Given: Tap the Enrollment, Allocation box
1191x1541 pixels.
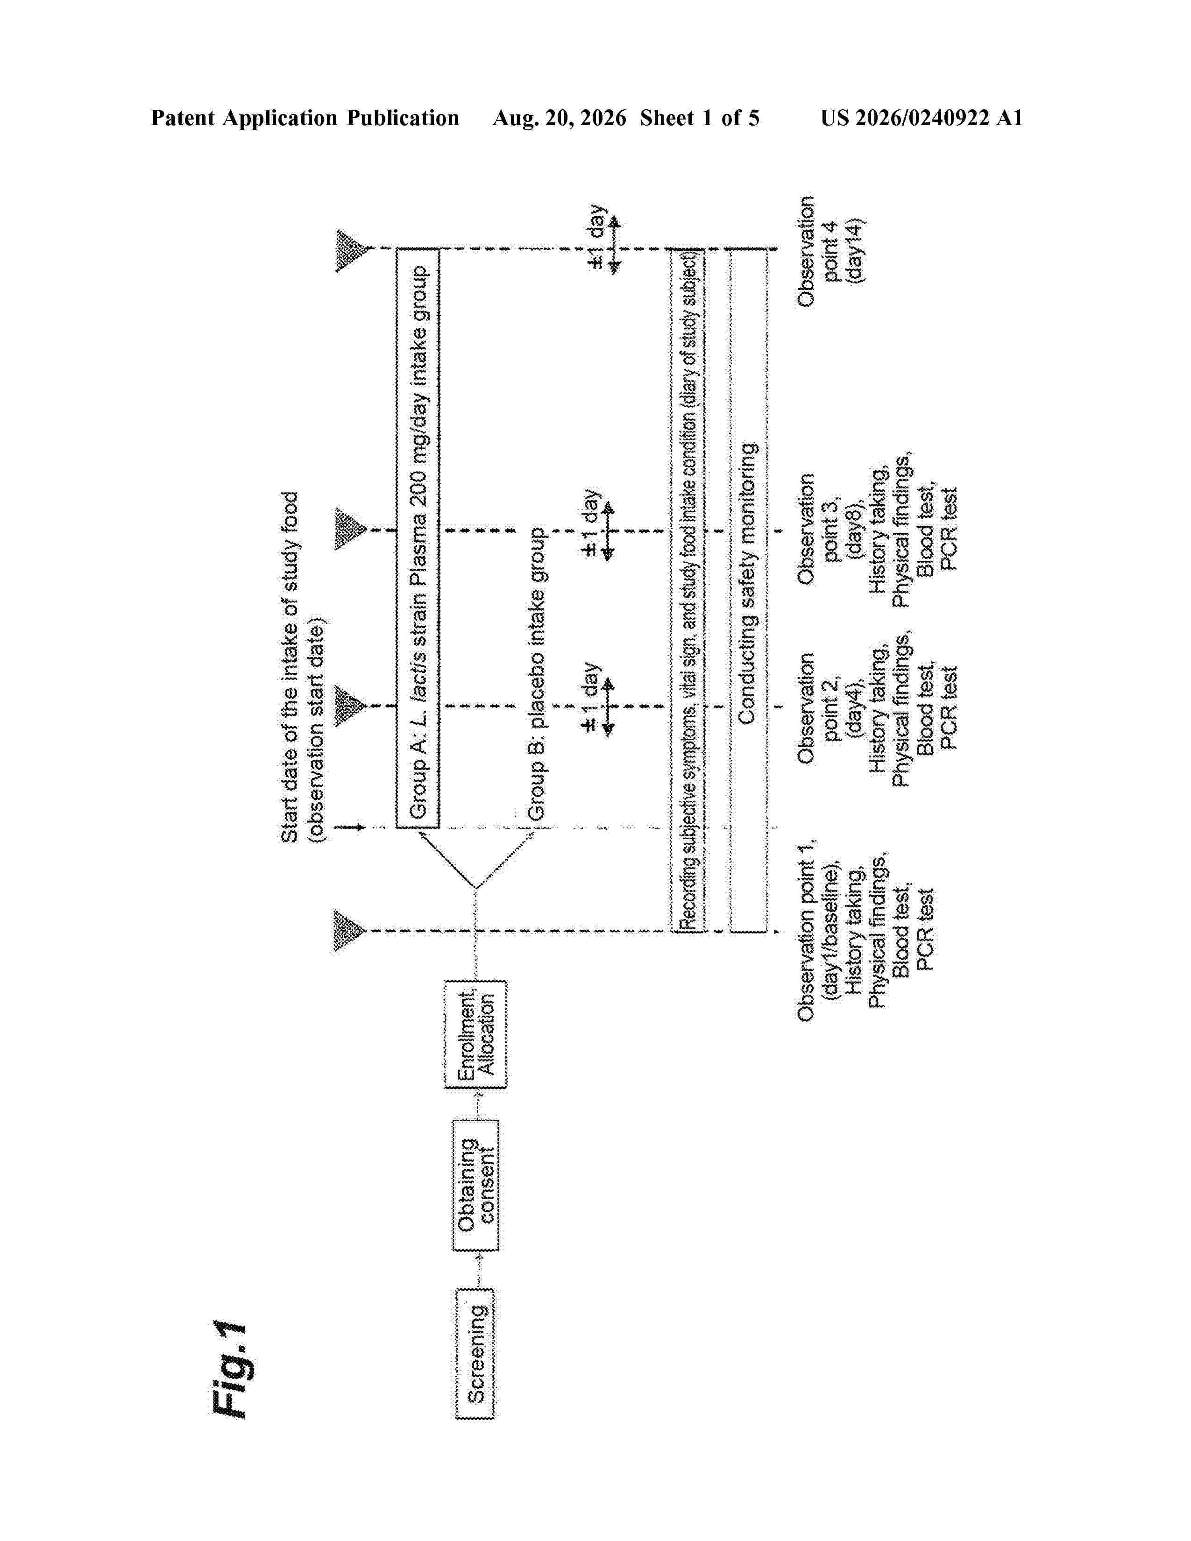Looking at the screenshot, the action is click(475, 1034).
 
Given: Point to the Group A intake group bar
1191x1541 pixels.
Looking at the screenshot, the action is click(418, 537).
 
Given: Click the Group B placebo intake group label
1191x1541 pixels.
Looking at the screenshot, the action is click(537, 674).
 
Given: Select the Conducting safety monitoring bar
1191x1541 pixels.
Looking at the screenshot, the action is click(748, 590).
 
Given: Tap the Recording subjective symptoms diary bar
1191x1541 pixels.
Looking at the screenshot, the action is click(688, 590).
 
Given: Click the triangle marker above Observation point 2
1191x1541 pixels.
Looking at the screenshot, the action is click(351, 706).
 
